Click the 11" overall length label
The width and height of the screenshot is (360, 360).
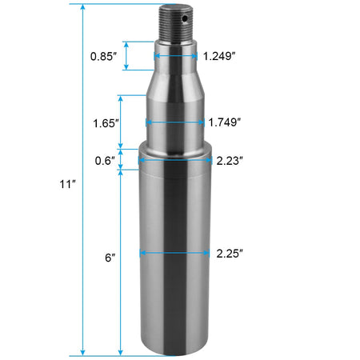tap(67, 184)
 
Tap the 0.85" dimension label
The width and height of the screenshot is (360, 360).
tap(103, 56)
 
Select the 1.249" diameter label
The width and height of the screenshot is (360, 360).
tap(219, 56)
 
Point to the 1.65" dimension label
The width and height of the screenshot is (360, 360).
tap(106, 123)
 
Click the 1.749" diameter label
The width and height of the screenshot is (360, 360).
tap(224, 122)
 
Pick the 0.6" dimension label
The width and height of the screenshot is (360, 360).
tap(105, 161)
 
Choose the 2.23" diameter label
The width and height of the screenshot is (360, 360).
tap(230, 161)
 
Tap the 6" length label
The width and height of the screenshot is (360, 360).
tap(110, 258)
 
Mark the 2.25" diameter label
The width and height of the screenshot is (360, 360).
tap(230, 254)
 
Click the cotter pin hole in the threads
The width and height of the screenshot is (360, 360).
tap(185, 18)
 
